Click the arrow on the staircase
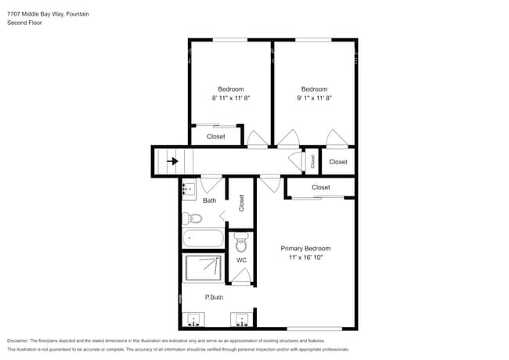[x=171, y=161]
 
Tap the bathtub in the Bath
[x=203, y=238]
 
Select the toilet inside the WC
[x=241, y=246]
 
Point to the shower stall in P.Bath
[x=203, y=268]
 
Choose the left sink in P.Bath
[x=193, y=320]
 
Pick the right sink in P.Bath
[x=240, y=320]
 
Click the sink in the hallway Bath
[x=189, y=189]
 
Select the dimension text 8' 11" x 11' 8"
[x=230, y=99]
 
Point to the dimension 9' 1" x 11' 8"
[x=314, y=99]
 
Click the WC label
[x=241, y=260]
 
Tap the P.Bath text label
[x=215, y=297]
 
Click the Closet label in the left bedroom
[x=216, y=137]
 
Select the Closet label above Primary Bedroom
[x=320, y=188]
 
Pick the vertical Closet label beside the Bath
[x=242, y=203]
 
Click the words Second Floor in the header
[x=24, y=23]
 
